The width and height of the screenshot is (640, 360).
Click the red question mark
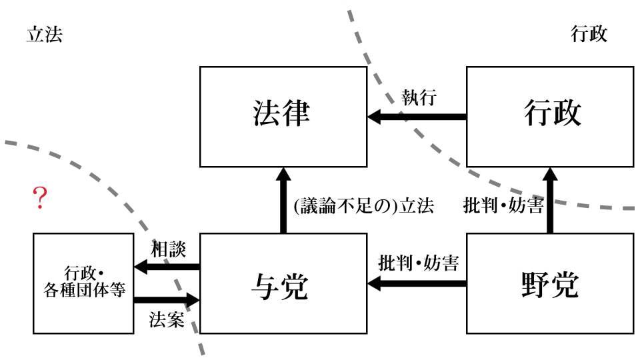click(x=40, y=199)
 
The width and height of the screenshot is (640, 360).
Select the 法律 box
click(x=283, y=116)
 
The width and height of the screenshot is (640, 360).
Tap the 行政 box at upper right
click(x=549, y=116)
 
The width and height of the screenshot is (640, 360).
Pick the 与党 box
click(x=283, y=283)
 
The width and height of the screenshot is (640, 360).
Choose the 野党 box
click(x=549, y=283)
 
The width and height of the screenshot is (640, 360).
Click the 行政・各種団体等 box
click(x=83, y=283)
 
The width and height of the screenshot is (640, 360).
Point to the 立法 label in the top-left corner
click(x=44, y=35)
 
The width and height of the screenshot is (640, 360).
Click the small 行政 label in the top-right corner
click(x=589, y=35)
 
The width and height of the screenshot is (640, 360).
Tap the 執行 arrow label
click(x=419, y=97)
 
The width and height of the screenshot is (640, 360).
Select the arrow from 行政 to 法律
click(x=417, y=117)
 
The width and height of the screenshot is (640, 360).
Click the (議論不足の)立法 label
click(x=363, y=207)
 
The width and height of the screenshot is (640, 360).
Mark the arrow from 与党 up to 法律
click(x=283, y=200)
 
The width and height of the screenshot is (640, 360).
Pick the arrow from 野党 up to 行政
click(x=549, y=200)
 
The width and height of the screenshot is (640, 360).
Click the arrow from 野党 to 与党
click(x=417, y=284)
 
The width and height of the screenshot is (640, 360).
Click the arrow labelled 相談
click(x=167, y=267)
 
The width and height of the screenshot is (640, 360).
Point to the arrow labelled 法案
click(x=167, y=300)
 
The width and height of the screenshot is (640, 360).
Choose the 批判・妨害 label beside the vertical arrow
click(x=503, y=207)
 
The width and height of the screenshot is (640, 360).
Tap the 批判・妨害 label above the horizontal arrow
click(x=418, y=263)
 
